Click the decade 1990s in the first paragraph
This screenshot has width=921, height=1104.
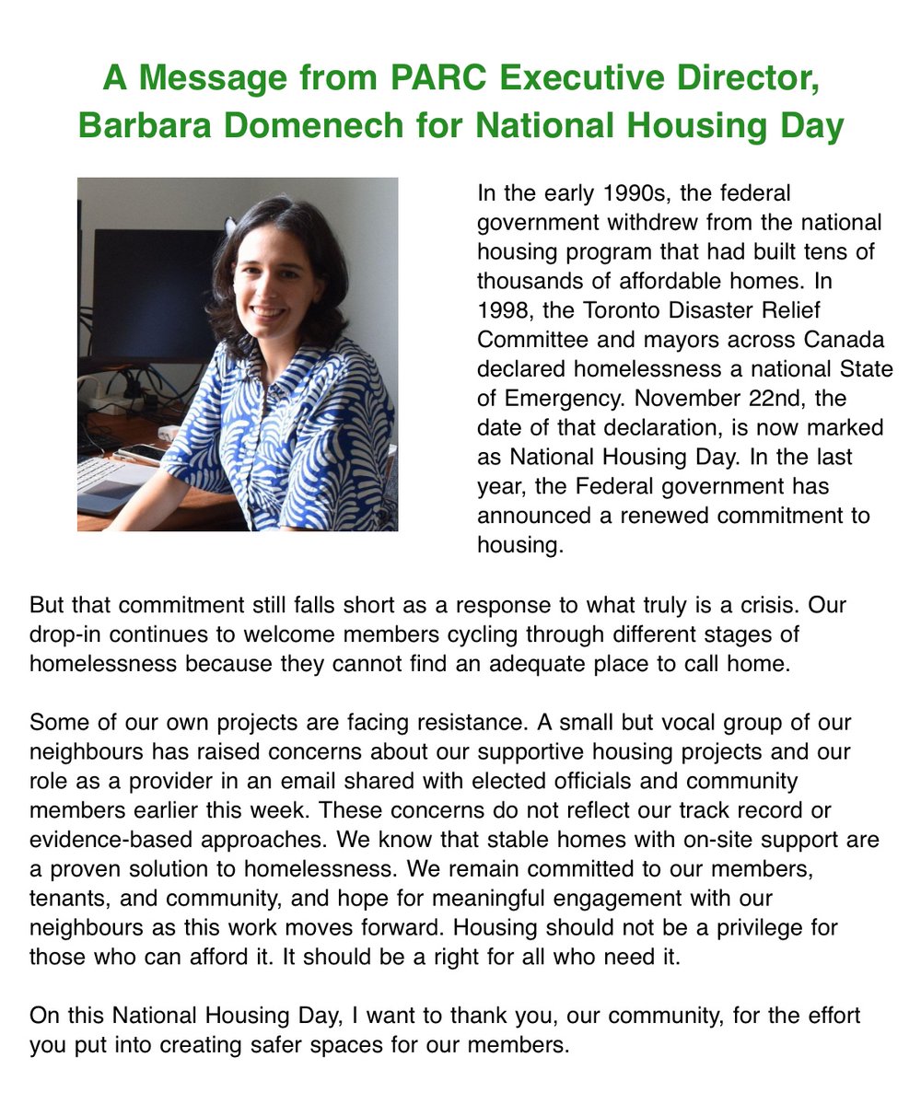pyautogui.click(x=638, y=194)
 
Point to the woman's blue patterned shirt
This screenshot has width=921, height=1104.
pyautogui.click(x=295, y=433)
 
